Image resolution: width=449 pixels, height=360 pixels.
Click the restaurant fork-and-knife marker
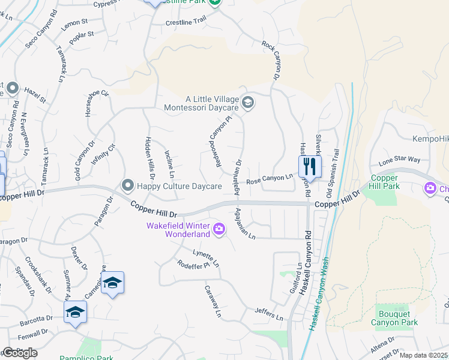[x=310, y=166]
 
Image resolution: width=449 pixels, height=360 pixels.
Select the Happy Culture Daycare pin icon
[x=127, y=185]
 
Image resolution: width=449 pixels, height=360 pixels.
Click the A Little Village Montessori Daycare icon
[x=248, y=103]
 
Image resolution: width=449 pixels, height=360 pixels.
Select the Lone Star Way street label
[x=399, y=161]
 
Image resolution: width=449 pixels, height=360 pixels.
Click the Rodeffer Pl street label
[x=193, y=264]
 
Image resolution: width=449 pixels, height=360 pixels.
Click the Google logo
[x=20, y=353]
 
